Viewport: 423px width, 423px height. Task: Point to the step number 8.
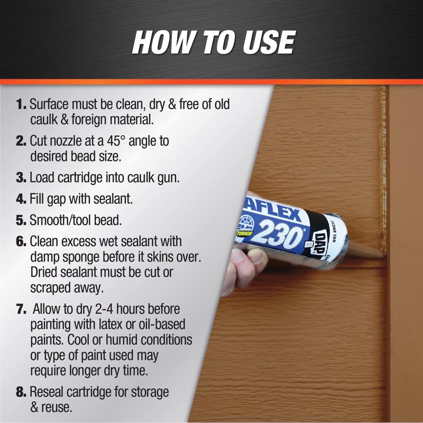21,393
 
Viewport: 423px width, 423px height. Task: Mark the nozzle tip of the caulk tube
384,256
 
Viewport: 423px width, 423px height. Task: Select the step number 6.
21,242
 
